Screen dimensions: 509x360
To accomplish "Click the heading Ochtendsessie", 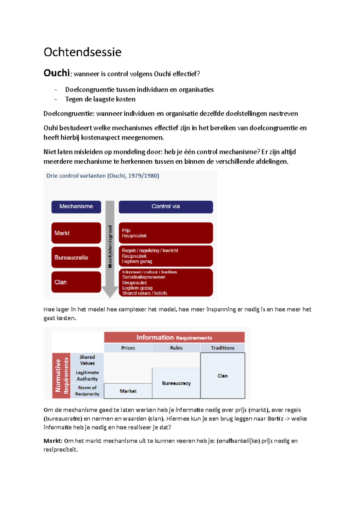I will coord(82,52).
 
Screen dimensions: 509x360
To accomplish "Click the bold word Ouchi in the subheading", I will coord(57,73).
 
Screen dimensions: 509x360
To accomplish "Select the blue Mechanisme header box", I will coord(76,207).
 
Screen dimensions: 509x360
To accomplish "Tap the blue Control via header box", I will coord(166,207).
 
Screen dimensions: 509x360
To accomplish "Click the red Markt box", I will coord(76,233).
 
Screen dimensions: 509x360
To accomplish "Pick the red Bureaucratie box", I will coord(76,257).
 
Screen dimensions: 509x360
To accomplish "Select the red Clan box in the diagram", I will coord(76,282).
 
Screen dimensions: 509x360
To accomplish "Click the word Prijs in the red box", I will coord(126,230).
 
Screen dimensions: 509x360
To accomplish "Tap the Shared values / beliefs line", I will coord(145,293).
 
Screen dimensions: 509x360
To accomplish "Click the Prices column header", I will coord(128,348).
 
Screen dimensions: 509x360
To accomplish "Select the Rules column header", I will coord(176,348).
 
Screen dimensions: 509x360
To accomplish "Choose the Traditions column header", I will coord(223,348).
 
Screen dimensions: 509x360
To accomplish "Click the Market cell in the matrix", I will coord(128,391).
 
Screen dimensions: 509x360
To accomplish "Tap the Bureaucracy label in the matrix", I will coord(176,383).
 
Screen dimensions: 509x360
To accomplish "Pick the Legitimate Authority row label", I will coord(87,376).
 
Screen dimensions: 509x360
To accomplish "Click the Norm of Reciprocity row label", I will coord(87,391).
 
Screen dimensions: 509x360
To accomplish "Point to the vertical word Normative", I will coord(58,376).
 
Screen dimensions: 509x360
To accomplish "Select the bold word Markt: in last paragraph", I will coord(53,441).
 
